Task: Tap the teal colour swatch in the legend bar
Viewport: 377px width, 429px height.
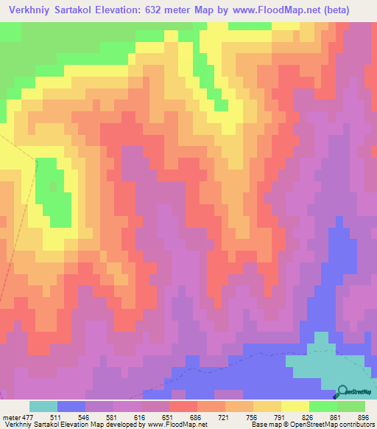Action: click(x=43, y=406)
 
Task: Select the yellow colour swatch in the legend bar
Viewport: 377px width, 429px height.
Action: click(x=295, y=406)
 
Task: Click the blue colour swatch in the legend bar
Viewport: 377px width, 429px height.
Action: click(x=71, y=406)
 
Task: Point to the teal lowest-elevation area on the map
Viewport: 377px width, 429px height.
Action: click(x=324, y=365)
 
